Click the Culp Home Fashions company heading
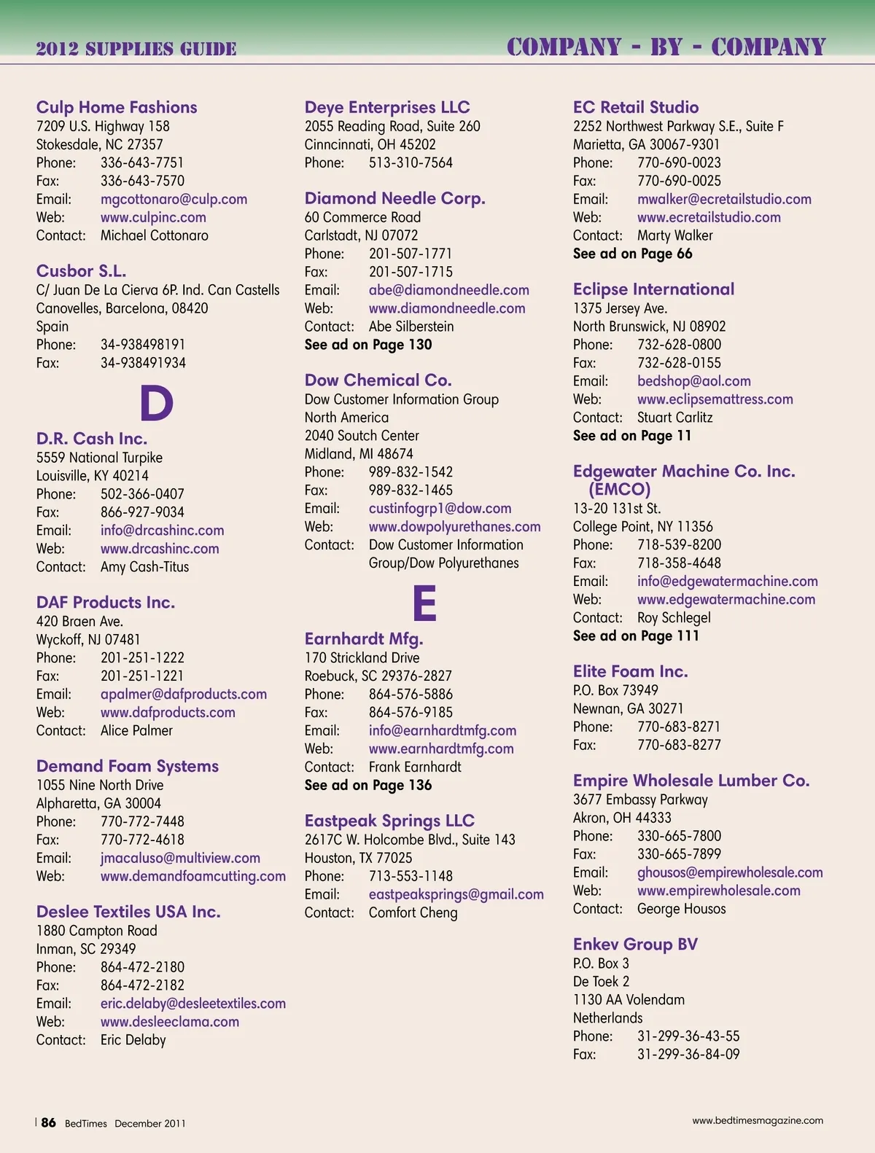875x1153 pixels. (x=117, y=107)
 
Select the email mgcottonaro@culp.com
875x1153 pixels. (x=174, y=199)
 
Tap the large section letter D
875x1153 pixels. (x=156, y=403)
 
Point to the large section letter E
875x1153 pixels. (x=424, y=603)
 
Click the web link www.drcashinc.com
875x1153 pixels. (x=160, y=549)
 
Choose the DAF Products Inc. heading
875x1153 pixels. (x=106, y=603)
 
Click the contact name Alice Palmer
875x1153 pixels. (x=136, y=730)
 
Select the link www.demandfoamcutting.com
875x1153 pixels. (x=193, y=876)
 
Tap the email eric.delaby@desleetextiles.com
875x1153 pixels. (x=193, y=1004)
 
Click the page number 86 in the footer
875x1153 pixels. (x=48, y=1122)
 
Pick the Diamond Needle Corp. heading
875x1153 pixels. (x=394, y=198)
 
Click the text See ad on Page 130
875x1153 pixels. (x=368, y=345)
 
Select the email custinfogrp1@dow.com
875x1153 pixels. (x=440, y=509)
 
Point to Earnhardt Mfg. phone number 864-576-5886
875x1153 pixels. (x=411, y=694)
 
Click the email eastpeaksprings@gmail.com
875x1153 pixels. (x=456, y=894)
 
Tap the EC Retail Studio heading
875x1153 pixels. (x=636, y=107)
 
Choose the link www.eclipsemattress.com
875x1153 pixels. (x=715, y=399)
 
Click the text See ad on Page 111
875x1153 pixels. (x=636, y=636)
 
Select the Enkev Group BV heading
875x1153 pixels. (x=635, y=945)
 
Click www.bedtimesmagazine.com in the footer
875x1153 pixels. (x=758, y=1120)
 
